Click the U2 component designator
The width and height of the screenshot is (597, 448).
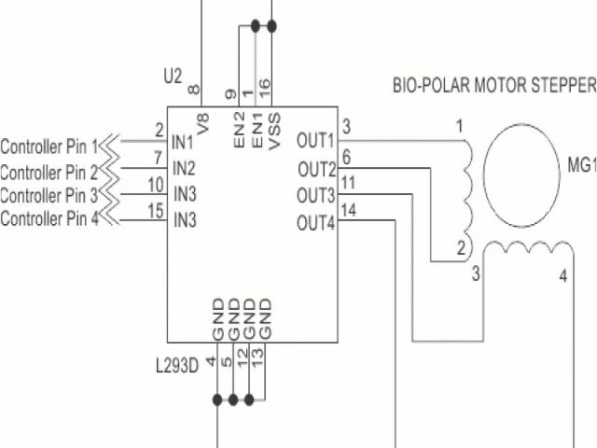pyautogui.click(x=172, y=76)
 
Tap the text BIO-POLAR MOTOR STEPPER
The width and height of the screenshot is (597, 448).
pyautogui.click(x=493, y=87)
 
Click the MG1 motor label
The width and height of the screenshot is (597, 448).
pyautogui.click(x=580, y=166)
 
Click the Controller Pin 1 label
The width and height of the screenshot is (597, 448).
pyautogui.click(x=49, y=147)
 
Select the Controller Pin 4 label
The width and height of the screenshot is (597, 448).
pyautogui.click(x=49, y=219)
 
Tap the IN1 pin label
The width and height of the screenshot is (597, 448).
pyautogui.click(x=184, y=143)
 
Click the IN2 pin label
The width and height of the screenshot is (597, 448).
pyautogui.click(x=184, y=169)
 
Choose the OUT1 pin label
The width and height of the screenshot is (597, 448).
pyautogui.click(x=315, y=141)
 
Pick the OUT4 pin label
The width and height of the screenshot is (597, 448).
pyautogui.click(x=315, y=223)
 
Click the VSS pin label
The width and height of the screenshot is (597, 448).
pyautogui.click(x=273, y=130)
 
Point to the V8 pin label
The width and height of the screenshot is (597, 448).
pyautogui.click(x=202, y=121)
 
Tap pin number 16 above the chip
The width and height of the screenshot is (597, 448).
pyautogui.click(x=265, y=88)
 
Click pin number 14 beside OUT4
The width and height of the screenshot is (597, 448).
pyautogui.click(x=348, y=210)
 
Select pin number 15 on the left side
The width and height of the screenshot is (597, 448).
pyautogui.click(x=156, y=211)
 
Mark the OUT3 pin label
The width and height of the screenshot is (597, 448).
pyautogui.click(x=315, y=196)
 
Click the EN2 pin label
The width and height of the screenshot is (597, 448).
pyautogui.click(x=239, y=130)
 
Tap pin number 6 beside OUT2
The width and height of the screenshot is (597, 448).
pyautogui.click(x=346, y=156)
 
